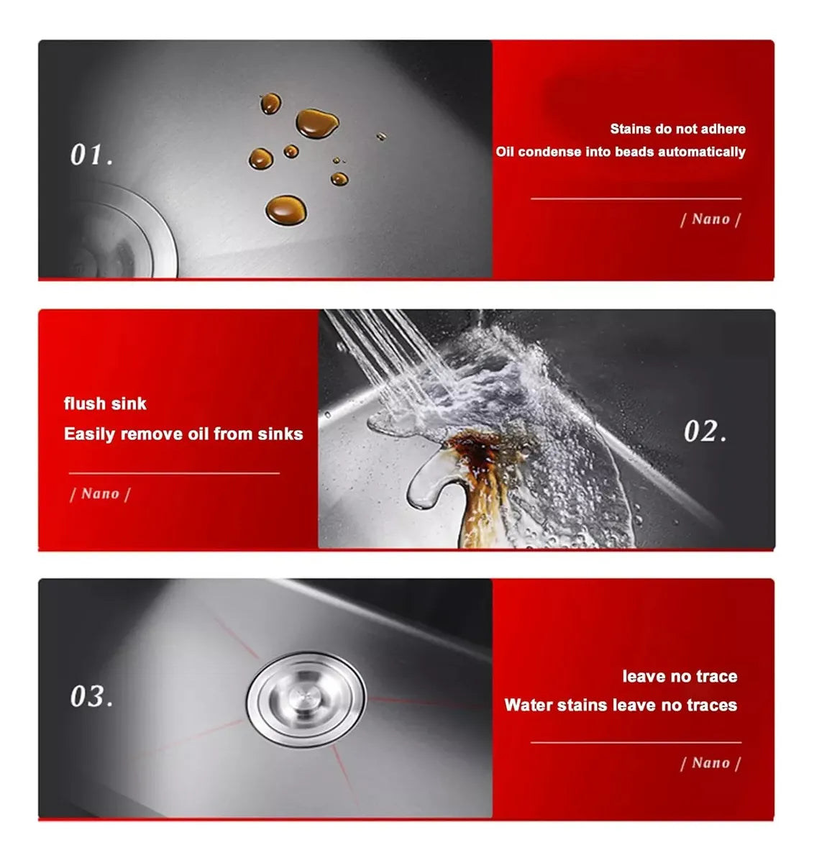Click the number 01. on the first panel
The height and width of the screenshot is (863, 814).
tap(91, 155)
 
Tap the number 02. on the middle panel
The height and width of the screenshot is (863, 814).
tap(705, 431)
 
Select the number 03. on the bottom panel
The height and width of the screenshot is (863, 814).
tap(91, 696)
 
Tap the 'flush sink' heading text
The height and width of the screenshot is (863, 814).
tap(105, 403)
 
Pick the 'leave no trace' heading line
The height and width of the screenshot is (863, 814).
tap(680, 676)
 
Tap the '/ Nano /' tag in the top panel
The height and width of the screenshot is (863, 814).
tap(710, 219)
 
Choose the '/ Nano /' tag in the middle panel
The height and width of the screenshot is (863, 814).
tap(100, 493)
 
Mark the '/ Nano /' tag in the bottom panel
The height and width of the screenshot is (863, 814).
tap(710, 763)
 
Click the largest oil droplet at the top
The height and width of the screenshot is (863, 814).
tap(317, 124)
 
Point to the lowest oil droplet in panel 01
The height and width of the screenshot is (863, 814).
tap(286, 210)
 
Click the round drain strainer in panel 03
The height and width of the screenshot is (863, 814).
tap(306, 700)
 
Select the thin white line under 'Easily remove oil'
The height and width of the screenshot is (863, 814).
tap(174, 473)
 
